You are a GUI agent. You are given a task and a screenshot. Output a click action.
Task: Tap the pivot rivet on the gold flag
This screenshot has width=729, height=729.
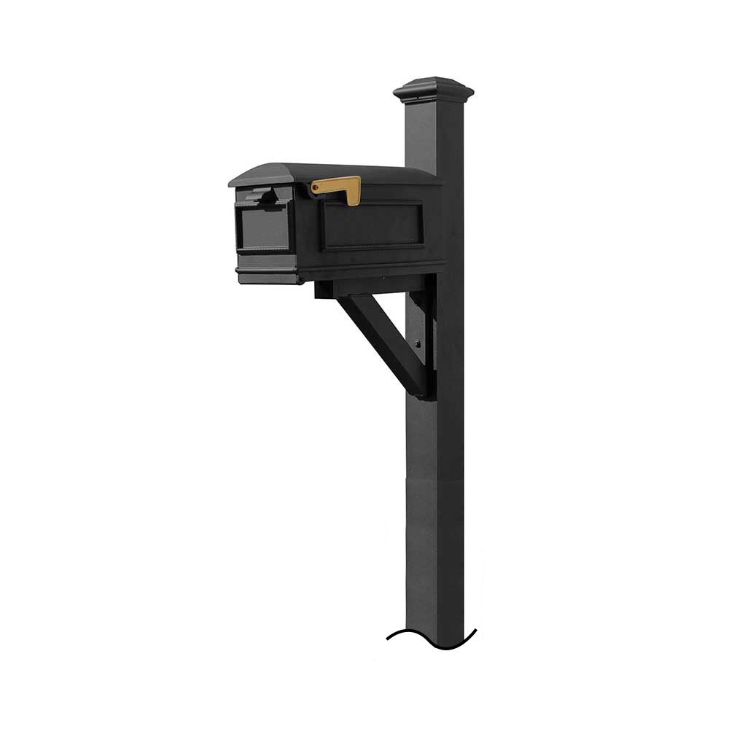pyautogui.click(x=315, y=189)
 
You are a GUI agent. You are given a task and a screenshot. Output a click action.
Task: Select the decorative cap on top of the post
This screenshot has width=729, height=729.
pyautogui.click(x=433, y=88)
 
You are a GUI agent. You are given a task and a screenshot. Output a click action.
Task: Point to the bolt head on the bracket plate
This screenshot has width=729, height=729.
pyautogui.click(x=418, y=344)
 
